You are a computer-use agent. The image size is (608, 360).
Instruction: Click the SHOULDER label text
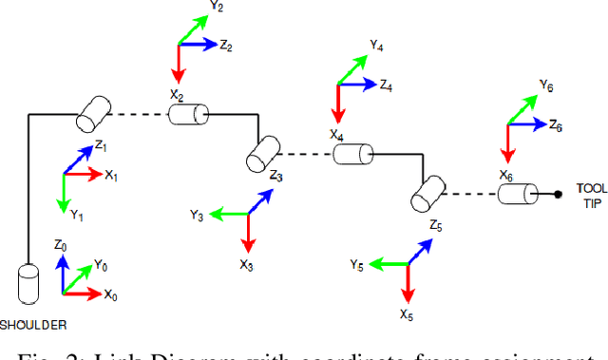tap(33, 325)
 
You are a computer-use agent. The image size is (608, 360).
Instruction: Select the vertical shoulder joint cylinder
tap(29, 284)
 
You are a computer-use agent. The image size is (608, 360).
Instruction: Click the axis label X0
tap(111, 295)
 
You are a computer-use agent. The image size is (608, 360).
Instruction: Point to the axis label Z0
tap(60, 245)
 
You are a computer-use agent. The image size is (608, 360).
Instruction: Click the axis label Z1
tap(101, 146)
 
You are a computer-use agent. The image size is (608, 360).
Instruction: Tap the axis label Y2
tap(217, 7)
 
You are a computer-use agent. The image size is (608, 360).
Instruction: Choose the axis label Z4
tap(385, 85)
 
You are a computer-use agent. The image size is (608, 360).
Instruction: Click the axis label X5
tap(407, 314)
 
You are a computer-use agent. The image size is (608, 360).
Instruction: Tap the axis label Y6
tap(545, 85)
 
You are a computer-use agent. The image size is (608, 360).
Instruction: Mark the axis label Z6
tap(556, 126)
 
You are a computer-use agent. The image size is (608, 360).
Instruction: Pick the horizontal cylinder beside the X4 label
tap(352, 154)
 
